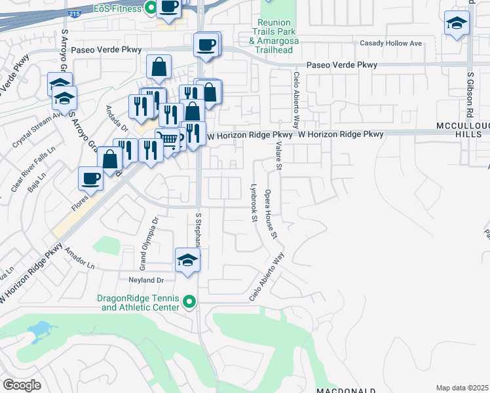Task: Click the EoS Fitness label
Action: point(117,9)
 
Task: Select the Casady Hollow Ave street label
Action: point(391,43)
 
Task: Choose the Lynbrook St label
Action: point(254,202)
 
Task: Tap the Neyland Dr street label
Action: point(146,278)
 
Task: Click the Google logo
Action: point(22,384)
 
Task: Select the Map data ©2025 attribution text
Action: point(462,388)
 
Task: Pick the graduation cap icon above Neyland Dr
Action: point(187,259)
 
